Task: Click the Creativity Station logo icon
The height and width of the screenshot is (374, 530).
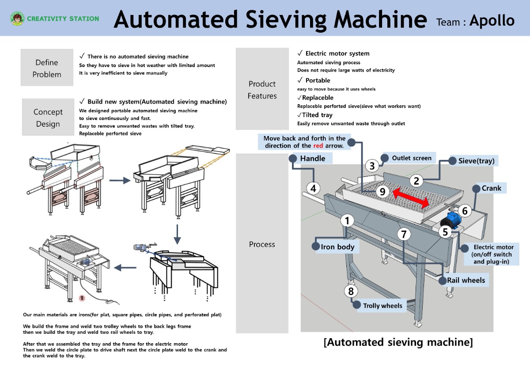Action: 17,19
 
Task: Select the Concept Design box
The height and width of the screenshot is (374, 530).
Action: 48,117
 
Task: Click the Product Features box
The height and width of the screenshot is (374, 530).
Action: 262,90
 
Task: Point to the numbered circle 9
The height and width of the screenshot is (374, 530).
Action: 382,192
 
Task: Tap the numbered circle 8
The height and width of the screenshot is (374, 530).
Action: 351,291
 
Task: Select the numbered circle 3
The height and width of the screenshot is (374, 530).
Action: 372,166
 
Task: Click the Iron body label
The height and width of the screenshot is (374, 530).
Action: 337,247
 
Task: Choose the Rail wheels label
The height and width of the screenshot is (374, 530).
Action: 466,280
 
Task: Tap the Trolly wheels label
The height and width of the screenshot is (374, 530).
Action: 382,306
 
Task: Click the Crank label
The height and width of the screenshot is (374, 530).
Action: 491,189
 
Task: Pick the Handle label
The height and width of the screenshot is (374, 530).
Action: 312,159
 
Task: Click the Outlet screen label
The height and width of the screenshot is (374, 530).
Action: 412,158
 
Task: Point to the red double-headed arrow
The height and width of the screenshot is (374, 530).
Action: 411,198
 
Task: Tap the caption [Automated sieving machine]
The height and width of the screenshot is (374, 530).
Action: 398,342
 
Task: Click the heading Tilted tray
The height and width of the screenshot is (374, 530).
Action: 317,115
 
